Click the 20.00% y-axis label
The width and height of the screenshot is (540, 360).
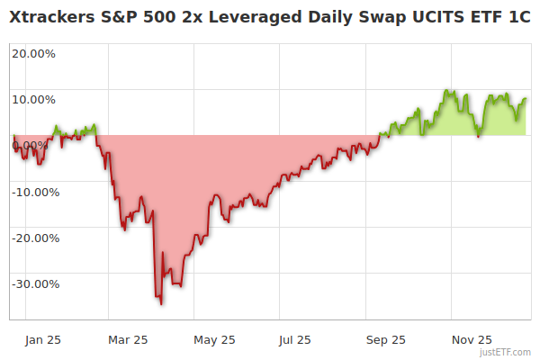coord(33,53)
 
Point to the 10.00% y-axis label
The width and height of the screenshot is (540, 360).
coord(33,99)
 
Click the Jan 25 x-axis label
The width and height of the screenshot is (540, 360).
coord(42,340)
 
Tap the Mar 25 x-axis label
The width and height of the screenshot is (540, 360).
coord(128,340)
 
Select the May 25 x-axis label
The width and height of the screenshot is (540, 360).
coord(214,340)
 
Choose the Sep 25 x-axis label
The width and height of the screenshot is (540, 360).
coord(386,340)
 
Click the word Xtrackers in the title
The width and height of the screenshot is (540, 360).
coord(54,17)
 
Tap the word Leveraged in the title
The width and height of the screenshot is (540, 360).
coord(228,17)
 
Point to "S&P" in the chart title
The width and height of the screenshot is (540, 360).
coord(127,17)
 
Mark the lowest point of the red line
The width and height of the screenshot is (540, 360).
coord(161,304)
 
